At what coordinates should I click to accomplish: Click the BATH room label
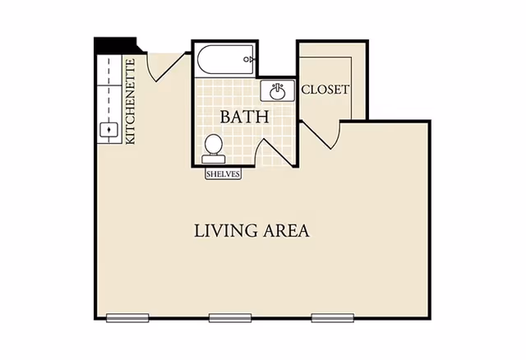[245, 117]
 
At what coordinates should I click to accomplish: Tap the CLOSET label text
[325, 90]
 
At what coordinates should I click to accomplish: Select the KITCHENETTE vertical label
[130, 102]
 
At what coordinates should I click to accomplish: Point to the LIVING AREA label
[251, 231]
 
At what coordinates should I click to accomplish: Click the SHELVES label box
[224, 174]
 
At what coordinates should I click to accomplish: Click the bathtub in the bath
[225, 60]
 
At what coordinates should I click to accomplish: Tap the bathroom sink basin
[278, 91]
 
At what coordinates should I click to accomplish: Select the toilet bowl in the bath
[214, 145]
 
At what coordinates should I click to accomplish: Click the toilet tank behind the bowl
[214, 159]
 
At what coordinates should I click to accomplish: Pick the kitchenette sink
[108, 130]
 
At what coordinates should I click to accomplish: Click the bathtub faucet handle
[248, 60]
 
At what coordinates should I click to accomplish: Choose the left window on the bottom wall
[127, 318]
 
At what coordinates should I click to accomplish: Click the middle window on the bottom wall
[230, 318]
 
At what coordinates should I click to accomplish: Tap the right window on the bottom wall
[333, 318]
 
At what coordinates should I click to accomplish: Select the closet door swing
[321, 135]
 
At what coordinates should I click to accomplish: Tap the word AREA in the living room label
[286, 231]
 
